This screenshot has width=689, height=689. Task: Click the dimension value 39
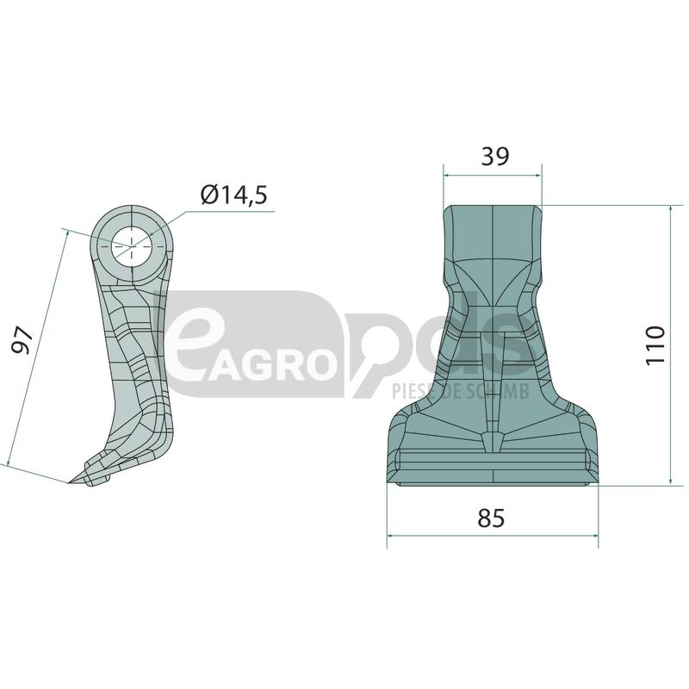click(x=495, y=157)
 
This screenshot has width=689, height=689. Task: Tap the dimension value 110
click(x=655, y=345)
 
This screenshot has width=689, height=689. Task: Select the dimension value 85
click(x=491, y=518)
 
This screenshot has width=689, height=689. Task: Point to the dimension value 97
click(x=22, y=339)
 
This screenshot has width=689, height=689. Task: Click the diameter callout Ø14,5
click(x=233, y=195)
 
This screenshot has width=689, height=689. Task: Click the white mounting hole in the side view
click(x=131, y=246)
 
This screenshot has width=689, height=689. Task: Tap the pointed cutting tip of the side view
click(x=71, y=482)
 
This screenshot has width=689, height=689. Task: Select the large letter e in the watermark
click(x=190, y=347)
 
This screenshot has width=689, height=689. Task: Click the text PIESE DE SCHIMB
click(x=461, y=391)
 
